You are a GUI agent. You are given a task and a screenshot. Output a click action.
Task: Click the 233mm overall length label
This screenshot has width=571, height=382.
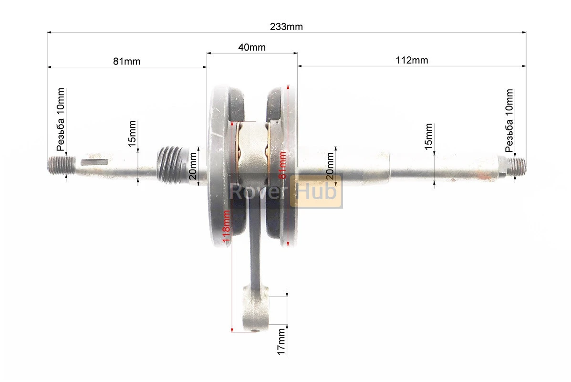(x=286, y=27)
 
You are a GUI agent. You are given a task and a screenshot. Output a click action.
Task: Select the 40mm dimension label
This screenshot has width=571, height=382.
(x=252, y=47)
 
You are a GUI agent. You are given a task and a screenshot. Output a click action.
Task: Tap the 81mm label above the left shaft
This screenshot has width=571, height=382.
(x=126, y=61)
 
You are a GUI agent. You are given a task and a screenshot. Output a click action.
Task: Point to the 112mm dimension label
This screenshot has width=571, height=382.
(x=412, y=60)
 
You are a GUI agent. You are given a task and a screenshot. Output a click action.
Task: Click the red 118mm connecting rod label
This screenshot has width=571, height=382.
(x=226, y=226)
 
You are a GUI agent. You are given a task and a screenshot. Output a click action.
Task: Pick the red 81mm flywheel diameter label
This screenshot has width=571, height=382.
(x=282, y=165)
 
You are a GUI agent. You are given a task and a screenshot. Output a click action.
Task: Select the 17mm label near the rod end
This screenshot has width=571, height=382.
(x=281, y=341)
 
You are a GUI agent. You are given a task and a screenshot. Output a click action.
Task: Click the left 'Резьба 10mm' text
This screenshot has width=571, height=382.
(x=61, y=119)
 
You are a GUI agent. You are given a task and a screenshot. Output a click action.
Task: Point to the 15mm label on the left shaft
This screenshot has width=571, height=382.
(x=132, y=134)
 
